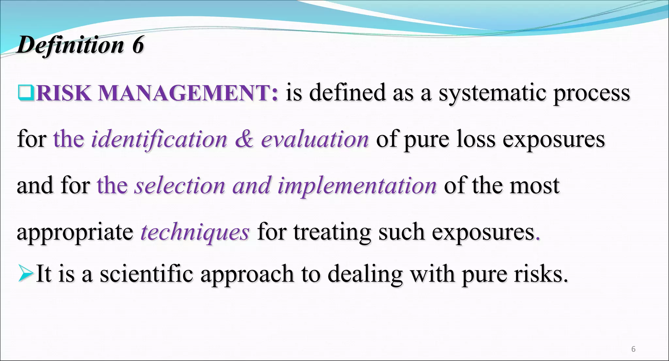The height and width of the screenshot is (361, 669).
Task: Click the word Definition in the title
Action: click(x=71, y=45)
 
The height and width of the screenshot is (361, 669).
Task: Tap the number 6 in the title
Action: click(x=138, y=45)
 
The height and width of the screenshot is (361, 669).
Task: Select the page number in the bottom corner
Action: click(x=633, y=349)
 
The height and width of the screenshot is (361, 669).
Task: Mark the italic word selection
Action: click(x=180, y=186)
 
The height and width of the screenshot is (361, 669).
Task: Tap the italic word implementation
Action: click(x=357, y=186)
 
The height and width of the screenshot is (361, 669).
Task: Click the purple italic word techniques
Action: click(x=195, y=232)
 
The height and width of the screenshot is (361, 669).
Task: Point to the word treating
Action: click(x=332, y=232)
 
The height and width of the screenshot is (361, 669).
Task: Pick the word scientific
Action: click(x=146, y=274)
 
